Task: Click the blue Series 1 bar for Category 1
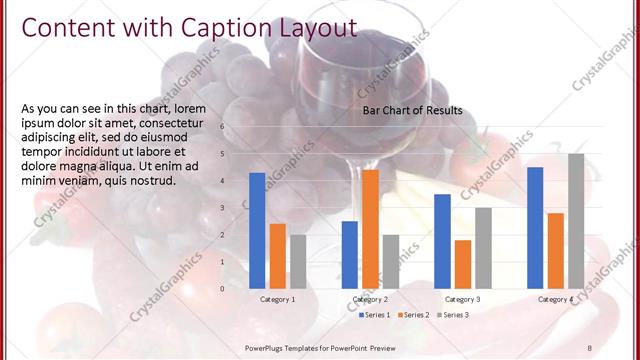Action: [257, 230]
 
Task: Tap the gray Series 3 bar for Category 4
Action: [576, 221]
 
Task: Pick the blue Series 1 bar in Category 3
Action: [442, 241]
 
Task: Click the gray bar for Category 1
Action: [298, 261]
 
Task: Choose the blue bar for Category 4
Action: [535, 227]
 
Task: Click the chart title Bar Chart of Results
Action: [412, 110]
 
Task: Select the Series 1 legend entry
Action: [374, 315]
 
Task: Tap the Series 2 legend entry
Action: [414, 315]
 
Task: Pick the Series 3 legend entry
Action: [453, 315]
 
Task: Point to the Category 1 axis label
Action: [277, 299]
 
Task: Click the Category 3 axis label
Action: [462, 299]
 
